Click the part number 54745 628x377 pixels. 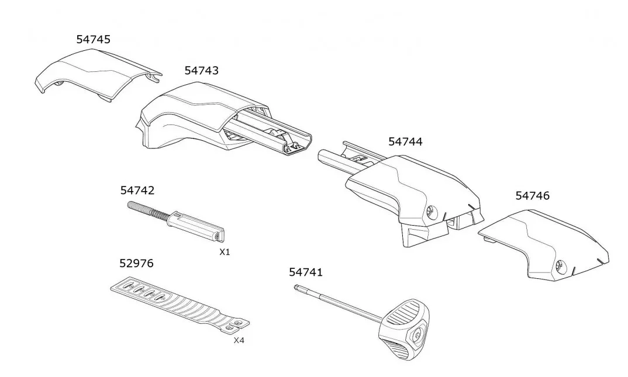point(94,39)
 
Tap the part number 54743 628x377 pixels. point(202,71)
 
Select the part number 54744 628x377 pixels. point(405,141)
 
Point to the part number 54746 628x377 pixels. point(532,196)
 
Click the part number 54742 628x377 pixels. point(137,191)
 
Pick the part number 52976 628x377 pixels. point(137,264)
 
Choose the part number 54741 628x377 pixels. point(306,272)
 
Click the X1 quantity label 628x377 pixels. point(225,252)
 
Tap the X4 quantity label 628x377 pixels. point(239,341)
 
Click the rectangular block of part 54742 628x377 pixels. point(197,226)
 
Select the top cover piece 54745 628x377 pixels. point(98,74)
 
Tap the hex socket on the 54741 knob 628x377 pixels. point(417,335)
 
